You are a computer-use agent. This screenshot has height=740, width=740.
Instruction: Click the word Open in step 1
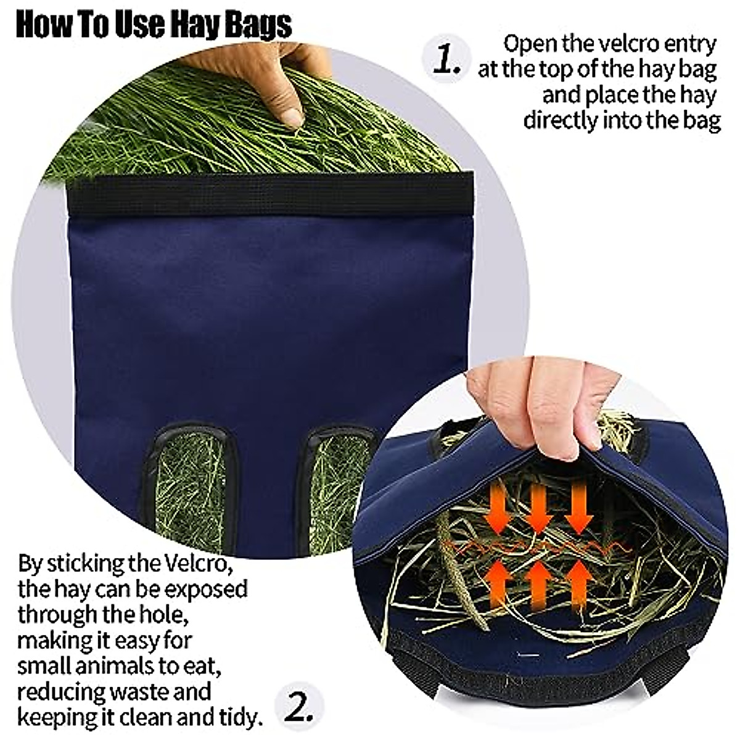532,44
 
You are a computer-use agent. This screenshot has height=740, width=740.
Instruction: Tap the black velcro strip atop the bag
271,192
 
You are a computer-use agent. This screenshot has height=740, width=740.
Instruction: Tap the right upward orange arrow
578,583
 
